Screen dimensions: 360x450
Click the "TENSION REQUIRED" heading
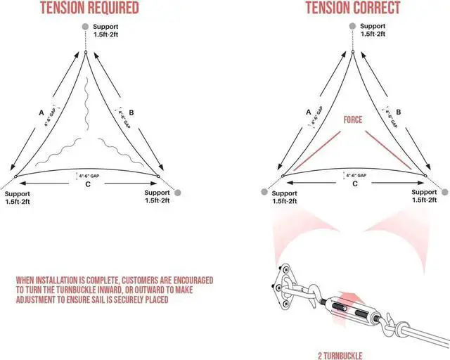(89, 8)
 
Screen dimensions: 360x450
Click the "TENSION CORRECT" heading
(354, 8)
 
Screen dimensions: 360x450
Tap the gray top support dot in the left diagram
(86, 27)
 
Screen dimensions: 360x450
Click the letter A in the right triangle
(309, 110)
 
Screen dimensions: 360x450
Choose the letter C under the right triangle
(354, 184)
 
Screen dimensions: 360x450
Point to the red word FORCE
(353, 120)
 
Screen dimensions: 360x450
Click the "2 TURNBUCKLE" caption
(345, 354)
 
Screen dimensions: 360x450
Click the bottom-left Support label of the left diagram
(18, 197)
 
